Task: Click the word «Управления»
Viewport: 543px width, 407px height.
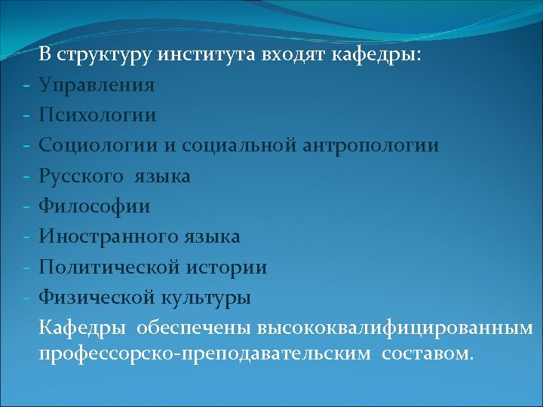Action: pos(97,84)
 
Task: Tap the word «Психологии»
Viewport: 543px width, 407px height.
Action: pos(98,115)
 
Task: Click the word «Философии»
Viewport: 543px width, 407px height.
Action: pos(95,206)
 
